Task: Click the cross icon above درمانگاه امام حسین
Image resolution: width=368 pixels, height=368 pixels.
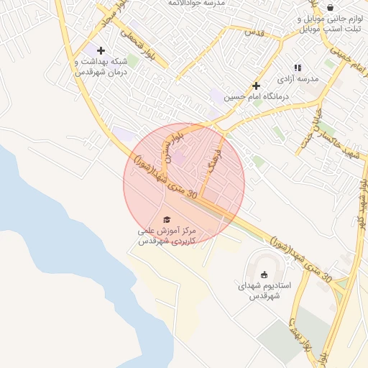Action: click(256, 86)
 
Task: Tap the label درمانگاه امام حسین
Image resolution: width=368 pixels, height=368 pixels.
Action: click(256, 96)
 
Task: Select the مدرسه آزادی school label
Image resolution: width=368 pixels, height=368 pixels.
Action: click(298, 78)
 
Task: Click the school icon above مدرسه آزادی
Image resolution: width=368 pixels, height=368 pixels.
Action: click(298, 68)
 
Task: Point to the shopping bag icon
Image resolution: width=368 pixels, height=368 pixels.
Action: click(330, 6)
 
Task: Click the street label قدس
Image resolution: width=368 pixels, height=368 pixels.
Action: click(254, 32)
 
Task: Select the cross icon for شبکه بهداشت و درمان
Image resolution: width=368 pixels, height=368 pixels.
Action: click(101, 50)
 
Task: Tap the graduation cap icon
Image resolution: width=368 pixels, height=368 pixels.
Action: click(167, 219)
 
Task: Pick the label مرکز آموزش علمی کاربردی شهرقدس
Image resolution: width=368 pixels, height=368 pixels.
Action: click(167, 236)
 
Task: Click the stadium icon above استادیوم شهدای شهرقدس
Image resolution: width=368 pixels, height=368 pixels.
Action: click(264, 274)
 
